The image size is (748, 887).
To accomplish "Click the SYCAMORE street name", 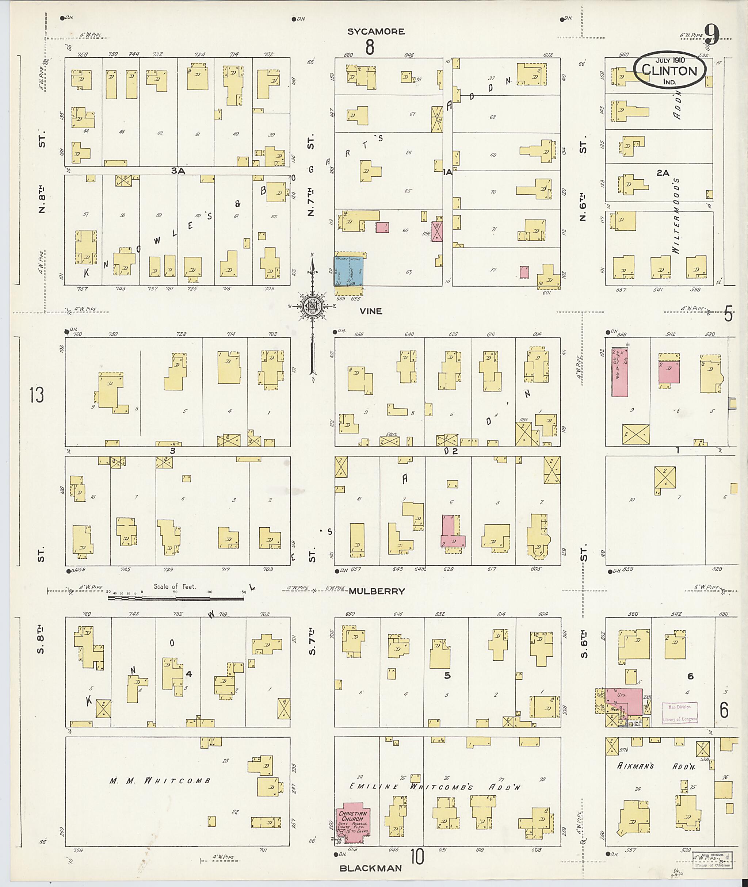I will click(x=376, y=31).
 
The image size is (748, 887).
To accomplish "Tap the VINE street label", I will click(x=371, y=311).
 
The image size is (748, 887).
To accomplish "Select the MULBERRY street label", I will click(x=377, y=591).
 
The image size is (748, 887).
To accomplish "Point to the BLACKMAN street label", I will click(x=371, y=868).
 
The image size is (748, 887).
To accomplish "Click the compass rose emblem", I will click(x=312, y=305).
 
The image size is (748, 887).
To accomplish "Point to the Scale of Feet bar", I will click(x=176, y=598).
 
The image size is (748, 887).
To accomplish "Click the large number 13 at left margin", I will click(x=37, y=395).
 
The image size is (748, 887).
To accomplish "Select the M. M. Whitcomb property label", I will click(x=160, y=781).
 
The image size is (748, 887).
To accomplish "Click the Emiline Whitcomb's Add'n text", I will click(x=434, y=787).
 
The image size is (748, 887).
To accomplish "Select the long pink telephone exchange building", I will click(x=619, y=372).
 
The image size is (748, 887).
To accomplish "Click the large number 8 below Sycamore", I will click(x=370, y=47).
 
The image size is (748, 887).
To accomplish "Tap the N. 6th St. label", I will click(x=584, y=178).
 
